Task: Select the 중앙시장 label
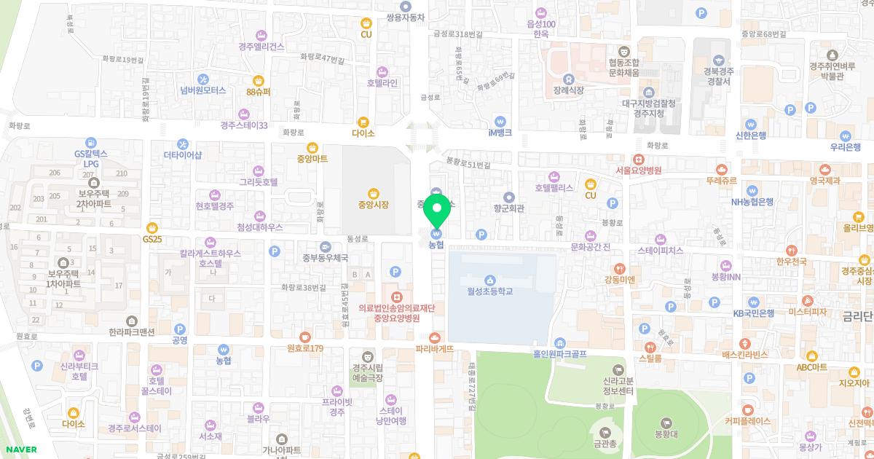click(373, 205)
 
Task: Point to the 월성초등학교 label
click(490, 291)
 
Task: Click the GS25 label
click(151, 238)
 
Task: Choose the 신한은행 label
click(750, 136)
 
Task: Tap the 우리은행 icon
click(845, 136)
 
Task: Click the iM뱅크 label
click(500, 133)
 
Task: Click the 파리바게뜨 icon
click(435, 337)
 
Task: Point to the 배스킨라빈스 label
click(745, 355)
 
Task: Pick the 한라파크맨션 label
click(132, 332)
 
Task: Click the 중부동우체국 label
click(326, 257)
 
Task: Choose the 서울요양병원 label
click(638, 170)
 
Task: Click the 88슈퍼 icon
click(258, 80)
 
